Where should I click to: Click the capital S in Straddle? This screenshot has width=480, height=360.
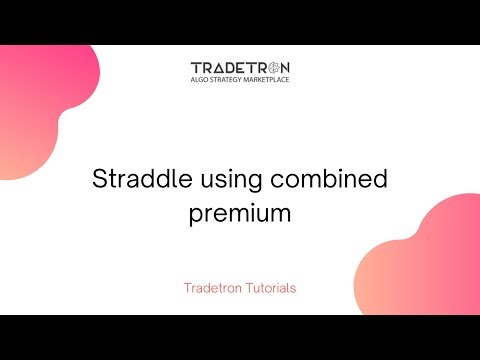98,181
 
